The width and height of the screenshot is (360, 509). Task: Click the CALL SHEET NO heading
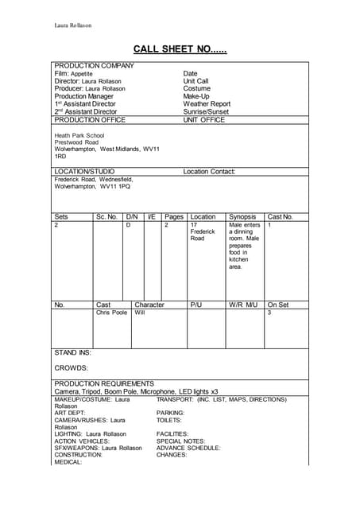(x=180, y=49)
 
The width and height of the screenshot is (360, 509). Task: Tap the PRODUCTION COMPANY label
(x=94, y=65)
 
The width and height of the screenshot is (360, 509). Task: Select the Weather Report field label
(x=207, y=104)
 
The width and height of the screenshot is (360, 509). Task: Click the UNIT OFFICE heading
(x=204, y=120)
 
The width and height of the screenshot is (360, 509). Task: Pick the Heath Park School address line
(x=79, y=135)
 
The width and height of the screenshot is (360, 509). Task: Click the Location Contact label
(x=209, y=171)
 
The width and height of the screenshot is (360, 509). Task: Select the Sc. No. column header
(x=106, y=216)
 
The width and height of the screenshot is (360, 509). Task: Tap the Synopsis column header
(x=242, y=216)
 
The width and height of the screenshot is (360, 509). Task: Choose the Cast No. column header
(x=280, y=216)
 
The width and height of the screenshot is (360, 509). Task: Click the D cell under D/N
(x=128, y=225)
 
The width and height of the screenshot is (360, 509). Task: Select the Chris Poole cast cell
(x=111, y=313)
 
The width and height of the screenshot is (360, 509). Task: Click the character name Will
(x=140, y=313)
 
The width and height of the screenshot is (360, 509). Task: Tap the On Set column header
(x=278, y=304)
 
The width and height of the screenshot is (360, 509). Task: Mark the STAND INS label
(x=72, y=352)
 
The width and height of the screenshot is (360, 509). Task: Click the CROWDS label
(x=71, y=368)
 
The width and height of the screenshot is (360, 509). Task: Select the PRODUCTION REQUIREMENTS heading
(x=103, y=383)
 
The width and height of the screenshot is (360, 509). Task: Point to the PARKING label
(x=170, y=413)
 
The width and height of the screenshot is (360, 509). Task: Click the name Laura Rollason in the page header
(x=72, y=25)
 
